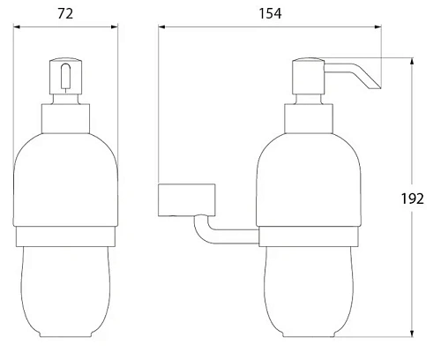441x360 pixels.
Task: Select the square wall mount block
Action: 186,200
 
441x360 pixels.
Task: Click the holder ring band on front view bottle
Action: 66,236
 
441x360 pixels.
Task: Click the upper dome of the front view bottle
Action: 66,176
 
